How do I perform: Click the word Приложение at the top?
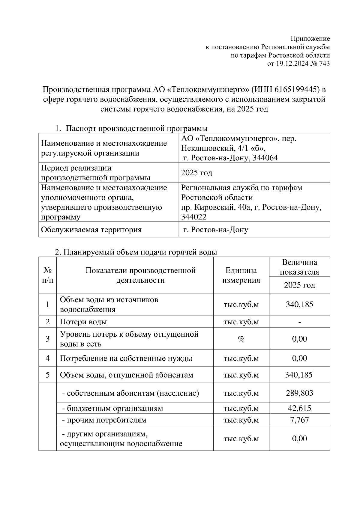(310, 39)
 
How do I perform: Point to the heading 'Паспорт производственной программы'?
(136, 129)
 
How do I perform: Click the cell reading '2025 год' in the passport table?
(197, 173)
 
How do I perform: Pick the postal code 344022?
(194, 217)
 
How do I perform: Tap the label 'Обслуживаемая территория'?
(91, 230)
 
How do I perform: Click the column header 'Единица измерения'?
(241, 275)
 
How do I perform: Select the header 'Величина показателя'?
(299, 267)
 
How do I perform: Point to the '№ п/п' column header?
(47, 275)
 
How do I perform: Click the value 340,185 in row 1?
(299, 305)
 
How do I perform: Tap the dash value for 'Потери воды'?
(299, 322)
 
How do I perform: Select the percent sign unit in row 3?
(241, 339)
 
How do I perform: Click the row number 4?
(47, 358)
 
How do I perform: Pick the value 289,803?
(299, 393)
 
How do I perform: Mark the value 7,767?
(299, 420)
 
